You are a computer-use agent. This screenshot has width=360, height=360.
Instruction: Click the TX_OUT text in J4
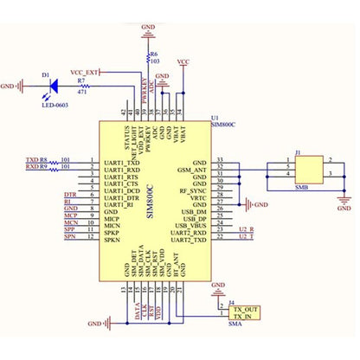tap(246, 309)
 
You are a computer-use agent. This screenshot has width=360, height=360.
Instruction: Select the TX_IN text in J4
tap(243, 318)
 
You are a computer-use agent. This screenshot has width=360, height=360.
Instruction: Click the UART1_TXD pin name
tap(122, 162)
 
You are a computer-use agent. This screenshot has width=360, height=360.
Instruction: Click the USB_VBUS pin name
tap(190, 225)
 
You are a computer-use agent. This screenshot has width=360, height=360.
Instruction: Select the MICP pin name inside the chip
tap(113, 220)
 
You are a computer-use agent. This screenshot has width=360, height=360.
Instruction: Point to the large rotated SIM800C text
tap(149, 202)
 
